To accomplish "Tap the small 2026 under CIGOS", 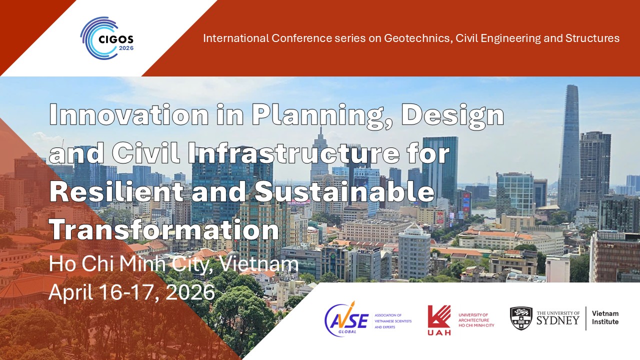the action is pyautogui.click(x=126, y=48).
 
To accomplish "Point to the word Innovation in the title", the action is pyautogui.click(x=129, y=114).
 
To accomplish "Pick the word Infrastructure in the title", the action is pyautogui.click(x=293, y=153).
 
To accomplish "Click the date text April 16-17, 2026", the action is pyautogui.click(x=131, y=292).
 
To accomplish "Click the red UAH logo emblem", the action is pyautogui.click(x=439, y=320).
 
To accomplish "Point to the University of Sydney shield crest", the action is pyautogui.click(x=521, y=318).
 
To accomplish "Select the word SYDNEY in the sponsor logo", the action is pyautogui.click(x=558, y=320).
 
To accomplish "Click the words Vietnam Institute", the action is pyautogui.click(x=605, y=317).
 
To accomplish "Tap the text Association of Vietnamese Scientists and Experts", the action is pyautogui.click(x=393, y=321).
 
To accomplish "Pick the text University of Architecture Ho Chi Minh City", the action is pyautogui.click(x=476, y=320).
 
